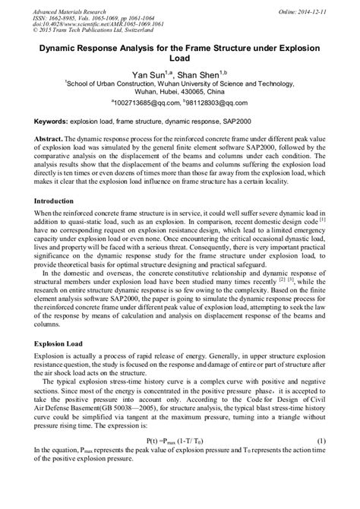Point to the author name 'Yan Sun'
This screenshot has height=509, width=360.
point(152,75)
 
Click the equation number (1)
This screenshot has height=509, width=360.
point(321,462)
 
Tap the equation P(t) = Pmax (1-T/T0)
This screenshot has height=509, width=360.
point(180,462)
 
